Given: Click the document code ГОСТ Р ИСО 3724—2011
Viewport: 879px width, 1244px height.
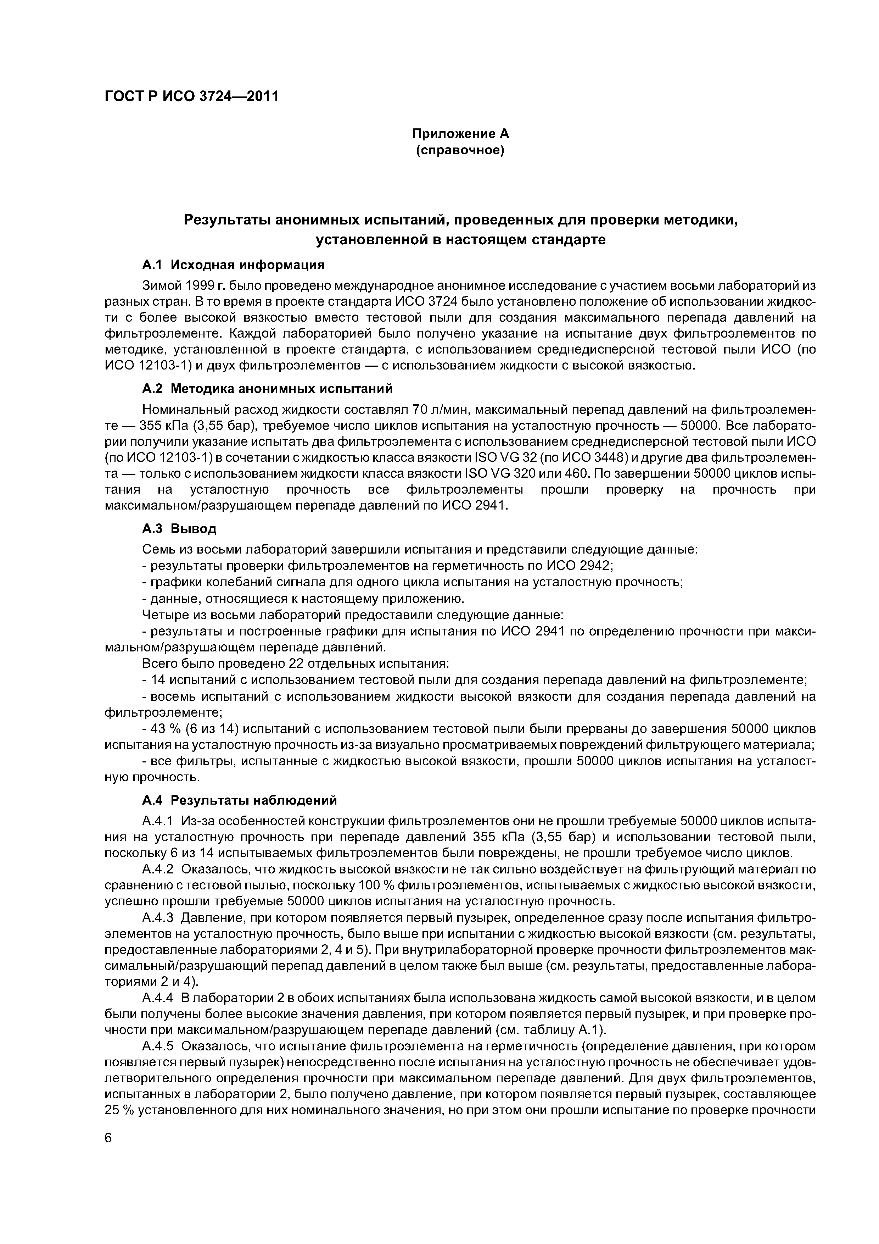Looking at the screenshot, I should (x=191, y=96).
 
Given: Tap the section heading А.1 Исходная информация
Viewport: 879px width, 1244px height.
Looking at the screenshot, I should (x=233, y=265).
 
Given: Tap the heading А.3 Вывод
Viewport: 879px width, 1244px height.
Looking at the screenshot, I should (x=179, y=528).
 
